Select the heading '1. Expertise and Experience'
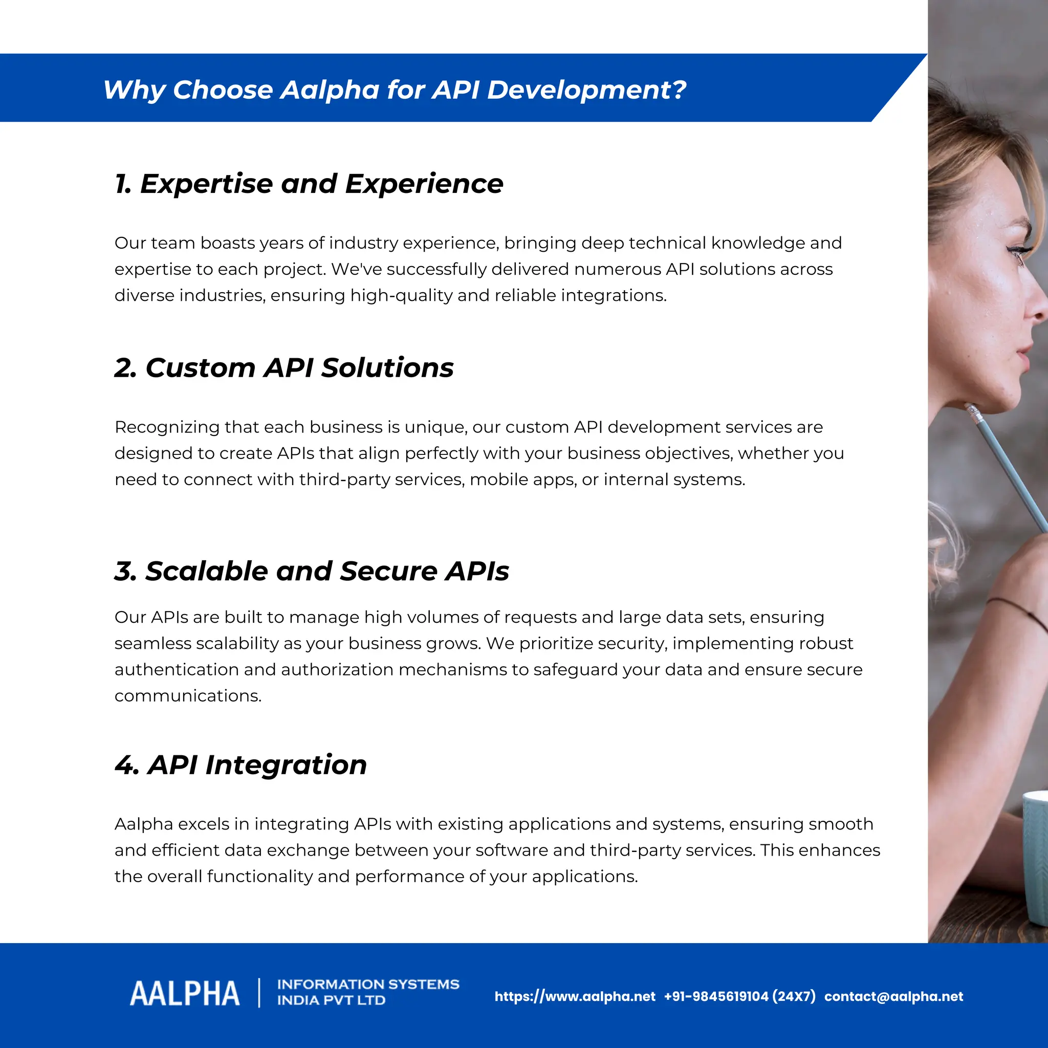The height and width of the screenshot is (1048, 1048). point(309,184)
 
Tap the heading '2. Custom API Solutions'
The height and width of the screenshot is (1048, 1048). point(283,368)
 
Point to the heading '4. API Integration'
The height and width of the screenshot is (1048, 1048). point(241,765)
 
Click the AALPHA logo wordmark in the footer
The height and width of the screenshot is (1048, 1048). point(184,994)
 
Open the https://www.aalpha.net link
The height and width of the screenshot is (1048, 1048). point(575,996)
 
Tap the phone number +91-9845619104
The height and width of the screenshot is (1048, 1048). point(716,996)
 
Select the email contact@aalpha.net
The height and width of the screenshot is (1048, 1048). point(893,996)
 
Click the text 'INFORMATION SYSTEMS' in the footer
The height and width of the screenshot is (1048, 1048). point(368,985)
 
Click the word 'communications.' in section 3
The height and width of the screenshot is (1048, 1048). point(188,696)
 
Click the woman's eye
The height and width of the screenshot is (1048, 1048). point(1019,253)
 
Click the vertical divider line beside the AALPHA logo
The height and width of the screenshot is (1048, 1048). point(259,993)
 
